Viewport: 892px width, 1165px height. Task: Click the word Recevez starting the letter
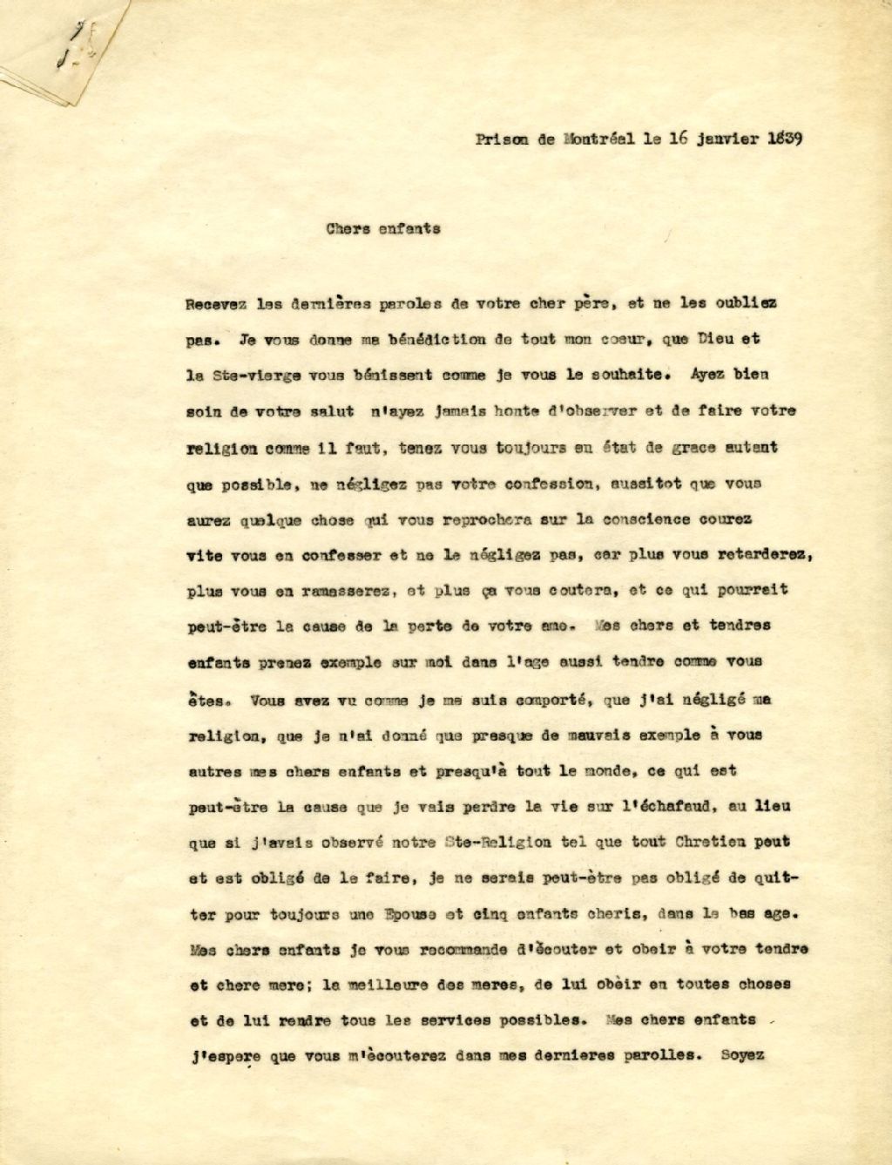point(215,305)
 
